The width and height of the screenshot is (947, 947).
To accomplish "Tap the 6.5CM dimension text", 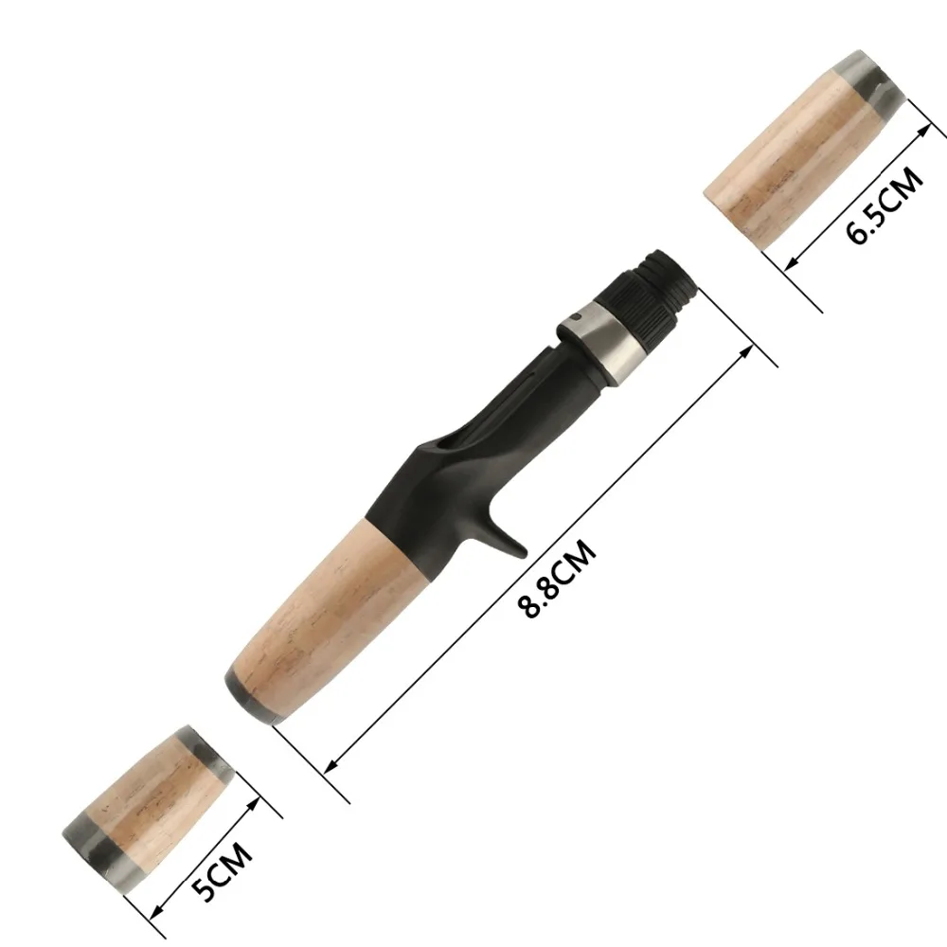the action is (884, 205).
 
